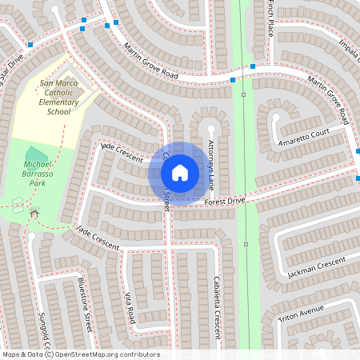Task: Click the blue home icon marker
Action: [x=180, y=172]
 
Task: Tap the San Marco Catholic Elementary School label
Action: [x=59, y=97]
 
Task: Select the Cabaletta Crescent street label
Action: [x=216, y=304]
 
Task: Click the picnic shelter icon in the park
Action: [x=34, y=213]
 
